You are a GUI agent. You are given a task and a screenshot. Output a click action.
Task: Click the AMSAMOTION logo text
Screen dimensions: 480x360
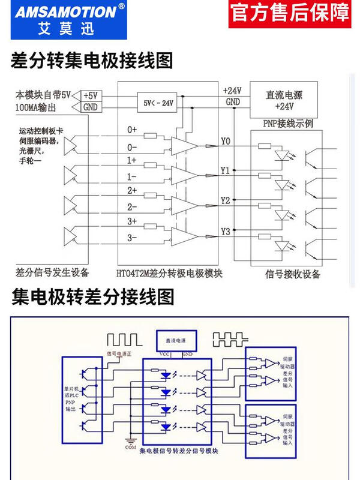58,12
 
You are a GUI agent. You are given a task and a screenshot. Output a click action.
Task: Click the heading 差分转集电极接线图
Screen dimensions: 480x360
92,60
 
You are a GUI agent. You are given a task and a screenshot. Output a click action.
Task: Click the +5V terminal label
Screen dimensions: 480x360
89,95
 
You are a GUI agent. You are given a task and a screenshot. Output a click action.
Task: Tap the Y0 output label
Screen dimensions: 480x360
225,142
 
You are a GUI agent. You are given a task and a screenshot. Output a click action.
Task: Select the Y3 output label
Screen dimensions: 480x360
225,232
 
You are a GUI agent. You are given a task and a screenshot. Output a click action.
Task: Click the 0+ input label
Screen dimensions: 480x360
132,130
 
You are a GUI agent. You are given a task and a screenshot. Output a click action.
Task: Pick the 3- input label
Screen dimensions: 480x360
132,238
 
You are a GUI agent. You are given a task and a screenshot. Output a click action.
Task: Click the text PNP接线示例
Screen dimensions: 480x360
286,123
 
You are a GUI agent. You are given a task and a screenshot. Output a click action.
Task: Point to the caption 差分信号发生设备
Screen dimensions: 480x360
52,272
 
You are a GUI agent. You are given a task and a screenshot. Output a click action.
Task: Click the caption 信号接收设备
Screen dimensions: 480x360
292,274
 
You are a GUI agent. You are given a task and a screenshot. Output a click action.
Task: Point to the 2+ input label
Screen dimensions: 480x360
132,190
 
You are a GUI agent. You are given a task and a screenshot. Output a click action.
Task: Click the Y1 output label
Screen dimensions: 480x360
225,171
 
